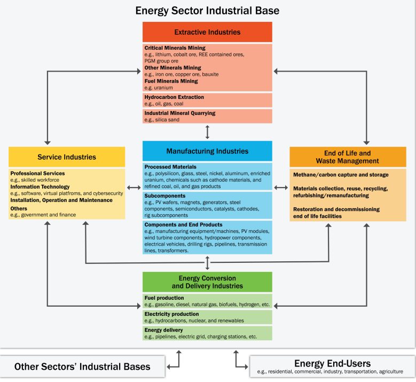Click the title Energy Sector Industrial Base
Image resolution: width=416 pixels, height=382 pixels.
click(207, 10)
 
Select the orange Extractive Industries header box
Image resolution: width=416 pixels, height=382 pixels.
click(207, 32)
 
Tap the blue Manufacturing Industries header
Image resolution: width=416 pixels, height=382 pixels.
click(207, 151)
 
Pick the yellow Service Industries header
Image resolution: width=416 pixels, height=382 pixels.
click(67, 157)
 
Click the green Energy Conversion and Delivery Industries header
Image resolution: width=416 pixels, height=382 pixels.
click(207, 282)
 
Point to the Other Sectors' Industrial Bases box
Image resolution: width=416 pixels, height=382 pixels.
click(82, 367)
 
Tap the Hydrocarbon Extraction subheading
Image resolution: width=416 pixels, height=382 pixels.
click(174, 97)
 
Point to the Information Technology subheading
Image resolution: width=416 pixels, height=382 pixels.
click(40, 187)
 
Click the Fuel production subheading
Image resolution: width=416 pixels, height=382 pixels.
click(164, 298)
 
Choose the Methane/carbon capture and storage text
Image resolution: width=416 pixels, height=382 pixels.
click(341, 175)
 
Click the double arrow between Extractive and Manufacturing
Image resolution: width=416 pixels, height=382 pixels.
click(207, 131)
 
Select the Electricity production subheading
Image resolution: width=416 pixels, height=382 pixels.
click(171, 314)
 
